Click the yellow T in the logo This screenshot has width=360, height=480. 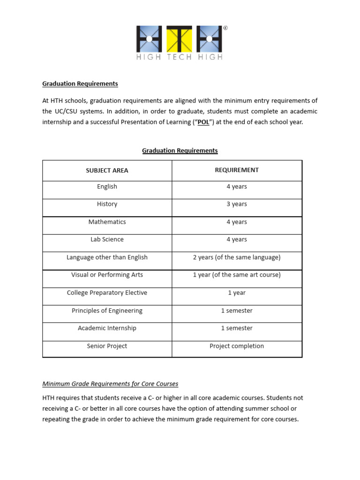point(180,38)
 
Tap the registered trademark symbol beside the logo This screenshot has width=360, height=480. point(225,28)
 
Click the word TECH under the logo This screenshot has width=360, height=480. point(180,57)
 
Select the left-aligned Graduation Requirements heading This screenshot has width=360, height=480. point(80,84)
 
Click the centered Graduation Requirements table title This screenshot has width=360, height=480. point(180,150)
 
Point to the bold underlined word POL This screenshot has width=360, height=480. point(203,122)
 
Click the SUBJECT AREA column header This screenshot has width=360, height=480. point(107,171)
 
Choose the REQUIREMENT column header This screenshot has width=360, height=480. point(237,170)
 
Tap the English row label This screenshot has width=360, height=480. point(107,187)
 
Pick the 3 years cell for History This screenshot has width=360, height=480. point(237,204)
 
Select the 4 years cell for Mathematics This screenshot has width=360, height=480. point(237,222)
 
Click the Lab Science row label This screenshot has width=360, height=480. point(107,240)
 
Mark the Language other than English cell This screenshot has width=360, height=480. point(107,257)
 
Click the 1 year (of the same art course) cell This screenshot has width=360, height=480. point(237,275)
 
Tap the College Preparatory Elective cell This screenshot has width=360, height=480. point(107,293)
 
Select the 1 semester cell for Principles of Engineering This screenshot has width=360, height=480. point(237,311)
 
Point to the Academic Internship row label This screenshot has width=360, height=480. point(107,328)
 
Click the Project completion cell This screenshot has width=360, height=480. point(237,346)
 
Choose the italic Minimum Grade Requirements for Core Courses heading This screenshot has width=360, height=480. point(110,384)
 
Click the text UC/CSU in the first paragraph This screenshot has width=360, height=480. point(67,112)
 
